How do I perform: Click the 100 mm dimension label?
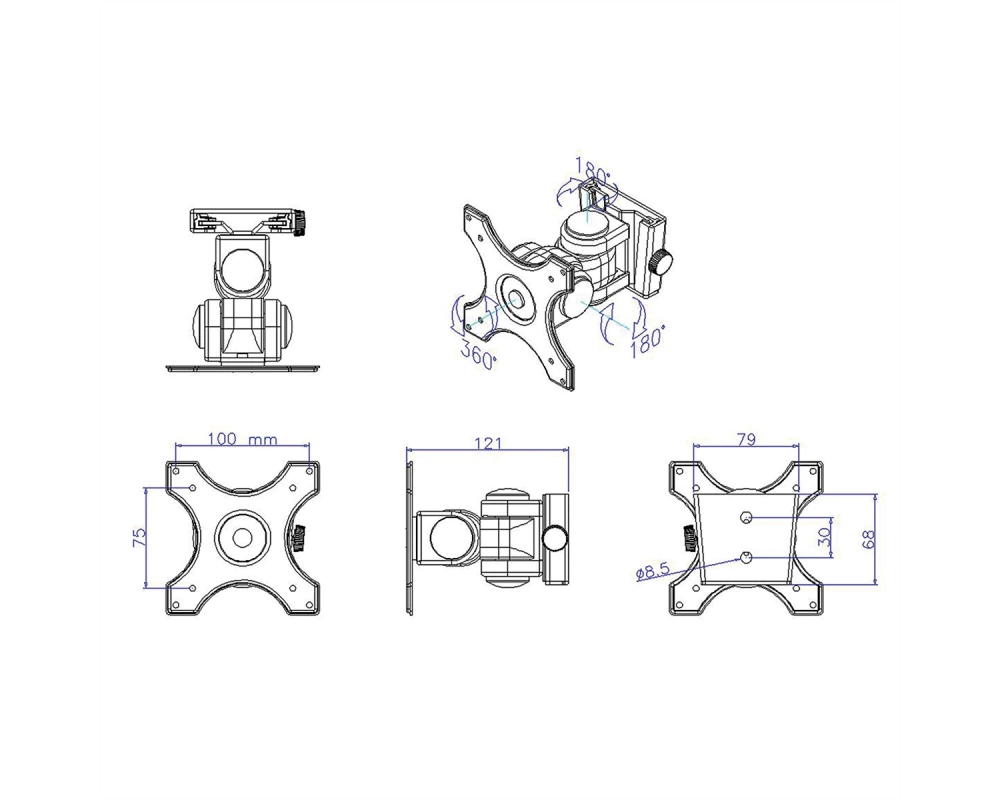(x=242, y=439)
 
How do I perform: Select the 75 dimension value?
(x=139, y=537)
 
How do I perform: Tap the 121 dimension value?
(x=488, y=443)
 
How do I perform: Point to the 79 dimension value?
(x=746, y=439)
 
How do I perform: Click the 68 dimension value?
(x=867, y=540)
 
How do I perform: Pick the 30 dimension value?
(x=825, y=537)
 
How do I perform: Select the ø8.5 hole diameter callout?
(x=652, y=571)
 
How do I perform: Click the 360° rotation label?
(x=478, y=357)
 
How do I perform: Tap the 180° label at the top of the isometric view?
(x=594, y=167)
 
